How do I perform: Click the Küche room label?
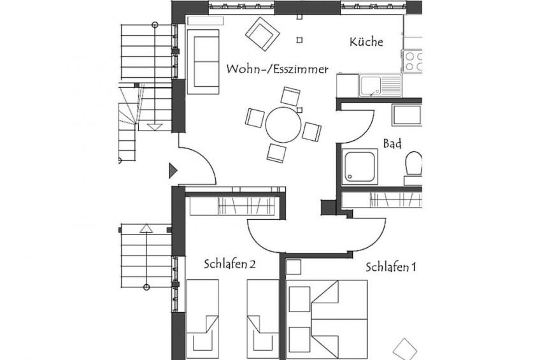click(366, 41)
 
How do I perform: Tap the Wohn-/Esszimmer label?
click(277, 69)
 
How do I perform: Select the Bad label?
click(392, 143)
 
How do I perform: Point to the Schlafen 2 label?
click(229, 264)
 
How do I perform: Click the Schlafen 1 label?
click(391, 267)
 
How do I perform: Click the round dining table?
click(283, 125)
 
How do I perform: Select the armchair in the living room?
click(262, 34)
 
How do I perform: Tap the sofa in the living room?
click(203, 62)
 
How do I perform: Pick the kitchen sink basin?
click(370, 85)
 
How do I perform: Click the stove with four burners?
click(412, 61)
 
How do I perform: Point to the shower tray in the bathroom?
click(360, 167)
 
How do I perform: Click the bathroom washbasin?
click(407, 115)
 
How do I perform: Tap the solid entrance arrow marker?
click(173, 171)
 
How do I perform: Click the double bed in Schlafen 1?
click(327, 319)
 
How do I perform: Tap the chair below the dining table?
click(276, 153)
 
